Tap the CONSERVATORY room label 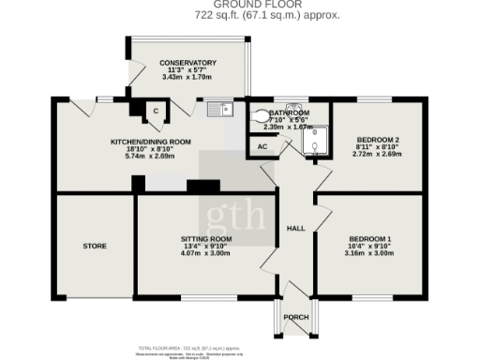pyautogui.click(x=187, y=63)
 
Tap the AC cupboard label pyautogui.click(x=262, y=147)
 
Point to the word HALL pyautogui.click(x=296, y=229)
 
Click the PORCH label pyautogui.click(x=296, y=317)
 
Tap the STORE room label pyautogui.click(x=94, y=247)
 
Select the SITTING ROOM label pyautogui.click(x=206, y=239)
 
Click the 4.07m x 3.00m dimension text pyautogui.click(x=206, y=253)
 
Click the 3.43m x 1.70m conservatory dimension pyautogui.click(x=187, y=77)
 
